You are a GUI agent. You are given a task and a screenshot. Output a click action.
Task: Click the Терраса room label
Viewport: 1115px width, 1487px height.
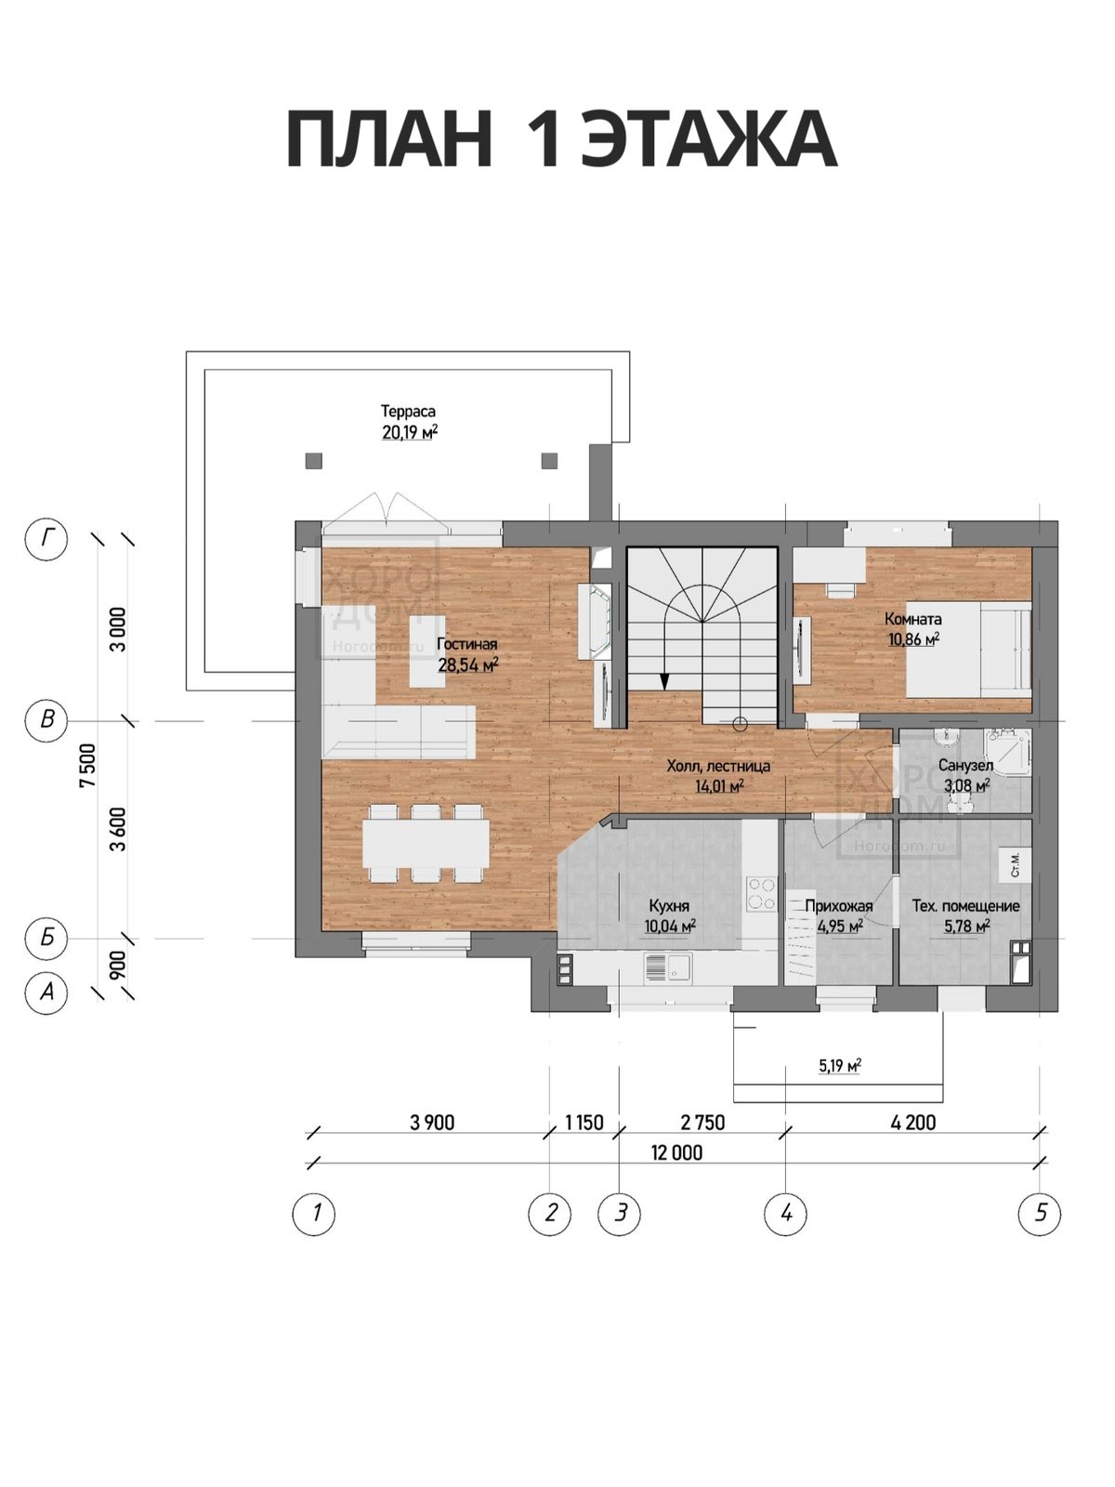408,411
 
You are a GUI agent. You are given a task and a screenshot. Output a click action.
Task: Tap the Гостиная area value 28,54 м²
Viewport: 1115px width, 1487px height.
467,665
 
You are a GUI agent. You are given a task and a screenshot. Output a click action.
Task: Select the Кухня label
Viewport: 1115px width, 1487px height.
669,906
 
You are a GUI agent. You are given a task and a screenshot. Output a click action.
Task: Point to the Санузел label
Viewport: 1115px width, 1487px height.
965,766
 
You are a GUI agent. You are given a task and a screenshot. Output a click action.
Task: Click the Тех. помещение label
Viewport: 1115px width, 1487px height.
965,906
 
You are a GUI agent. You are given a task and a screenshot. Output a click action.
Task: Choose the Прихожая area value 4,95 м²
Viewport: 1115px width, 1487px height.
839,926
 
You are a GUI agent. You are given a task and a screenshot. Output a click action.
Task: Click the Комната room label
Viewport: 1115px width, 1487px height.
912,619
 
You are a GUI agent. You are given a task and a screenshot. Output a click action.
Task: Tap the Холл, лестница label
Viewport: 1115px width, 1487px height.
718,766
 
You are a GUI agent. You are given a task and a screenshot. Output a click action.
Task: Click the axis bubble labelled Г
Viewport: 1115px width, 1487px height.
46,538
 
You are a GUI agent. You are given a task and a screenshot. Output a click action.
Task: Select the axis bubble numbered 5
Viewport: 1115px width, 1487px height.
1040,1212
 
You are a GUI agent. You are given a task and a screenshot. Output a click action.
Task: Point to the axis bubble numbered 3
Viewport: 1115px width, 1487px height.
620,1212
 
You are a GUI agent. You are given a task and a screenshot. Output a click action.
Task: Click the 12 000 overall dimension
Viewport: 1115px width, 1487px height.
676,1152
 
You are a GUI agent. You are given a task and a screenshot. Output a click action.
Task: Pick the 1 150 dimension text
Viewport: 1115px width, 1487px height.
584,1123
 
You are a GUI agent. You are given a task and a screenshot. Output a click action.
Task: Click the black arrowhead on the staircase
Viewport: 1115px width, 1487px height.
664,680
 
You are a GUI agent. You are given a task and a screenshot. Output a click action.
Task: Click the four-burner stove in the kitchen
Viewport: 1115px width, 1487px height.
761,894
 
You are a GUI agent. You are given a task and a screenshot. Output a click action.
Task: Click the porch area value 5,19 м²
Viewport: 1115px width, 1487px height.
839,1066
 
